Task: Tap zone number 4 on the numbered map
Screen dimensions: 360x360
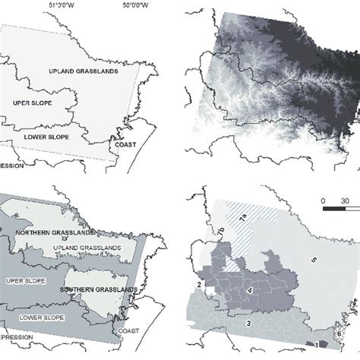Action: click(250, 291)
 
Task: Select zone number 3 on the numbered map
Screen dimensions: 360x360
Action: click(247, 324)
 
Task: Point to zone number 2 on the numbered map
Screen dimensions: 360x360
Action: click(199, 284)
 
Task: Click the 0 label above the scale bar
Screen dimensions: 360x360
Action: click(324, 201)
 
